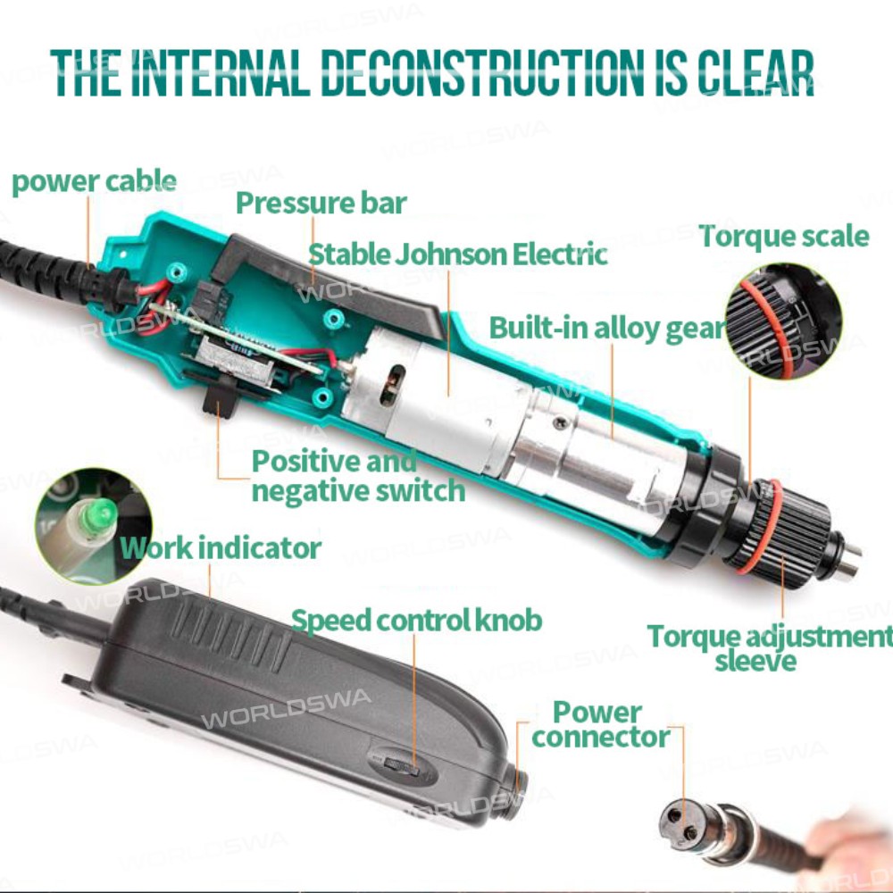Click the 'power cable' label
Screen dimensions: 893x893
click(x=94, y=182)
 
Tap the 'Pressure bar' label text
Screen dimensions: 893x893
click(x=321, y=204)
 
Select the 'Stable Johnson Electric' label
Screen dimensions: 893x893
click(x=458, y=254)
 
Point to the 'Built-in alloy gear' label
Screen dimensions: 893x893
click(x=607, y=329)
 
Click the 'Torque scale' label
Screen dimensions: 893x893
click(x=784, y=236)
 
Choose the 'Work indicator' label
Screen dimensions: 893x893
click(x=221, y=548)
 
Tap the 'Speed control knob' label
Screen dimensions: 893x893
click(x=416, y=621)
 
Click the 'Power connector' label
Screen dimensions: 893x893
click(x=600, y=724)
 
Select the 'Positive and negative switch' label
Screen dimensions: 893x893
click(x=358, y=476)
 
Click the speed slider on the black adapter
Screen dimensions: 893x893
click(x=402, y=765)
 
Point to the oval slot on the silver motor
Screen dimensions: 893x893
click(x=392, y=385)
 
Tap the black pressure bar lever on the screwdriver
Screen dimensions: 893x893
click(x=328, y=286)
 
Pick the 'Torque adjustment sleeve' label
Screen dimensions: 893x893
click(x=769, y=648)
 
